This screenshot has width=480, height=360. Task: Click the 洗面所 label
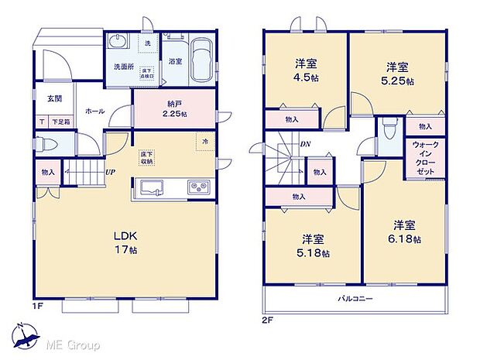tap(121, 67)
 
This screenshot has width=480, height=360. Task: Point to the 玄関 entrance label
tap(53, 98)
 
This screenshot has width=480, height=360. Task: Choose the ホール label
tap(95, 111)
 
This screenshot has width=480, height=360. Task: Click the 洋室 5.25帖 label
tap(395, 70)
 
